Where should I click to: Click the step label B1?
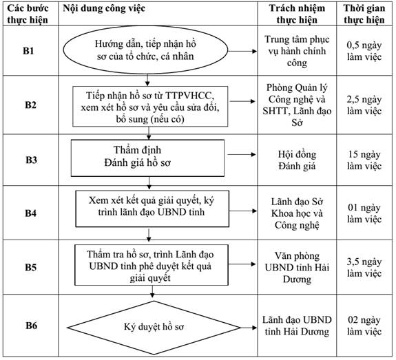pos(28,51)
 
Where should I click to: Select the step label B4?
pos(30,213)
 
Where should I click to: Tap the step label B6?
pos(31,326)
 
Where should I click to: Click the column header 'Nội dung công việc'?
pos(104,8)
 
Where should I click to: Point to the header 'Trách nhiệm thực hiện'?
pos(297,14)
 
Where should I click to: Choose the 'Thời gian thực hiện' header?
pos(364,14)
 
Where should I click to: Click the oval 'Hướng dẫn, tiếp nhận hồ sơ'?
pos(145,50)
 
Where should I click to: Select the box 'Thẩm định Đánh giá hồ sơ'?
pos(147,158)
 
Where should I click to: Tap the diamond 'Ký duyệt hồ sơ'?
pos(154,328)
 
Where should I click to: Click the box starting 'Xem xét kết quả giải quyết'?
pos(152,209)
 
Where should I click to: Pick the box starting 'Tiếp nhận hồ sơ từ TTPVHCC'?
pos(150,106)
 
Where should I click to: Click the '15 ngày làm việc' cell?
pos(364,160)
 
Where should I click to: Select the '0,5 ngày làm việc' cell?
pos(364,51)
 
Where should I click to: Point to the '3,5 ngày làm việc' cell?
pos(364,267)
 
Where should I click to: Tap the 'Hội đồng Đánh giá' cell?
pos(297,160)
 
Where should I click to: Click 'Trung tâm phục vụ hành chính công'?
pos(297,51)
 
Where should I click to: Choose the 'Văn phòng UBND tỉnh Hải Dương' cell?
pos(297,267)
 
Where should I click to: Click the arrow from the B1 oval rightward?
pos(242,51)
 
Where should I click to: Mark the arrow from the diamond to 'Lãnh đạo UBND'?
pos(249,328)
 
